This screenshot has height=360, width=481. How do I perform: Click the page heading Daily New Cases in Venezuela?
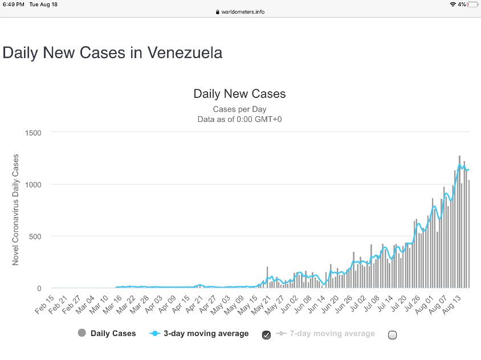tap(112, 52)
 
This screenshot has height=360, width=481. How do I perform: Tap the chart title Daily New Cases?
tap(239, 93)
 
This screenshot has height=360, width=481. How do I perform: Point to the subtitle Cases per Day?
tap(239, 109)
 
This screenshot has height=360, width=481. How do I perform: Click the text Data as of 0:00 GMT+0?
tap(239, 119)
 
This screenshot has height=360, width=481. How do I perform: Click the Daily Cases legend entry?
tap(107, 333)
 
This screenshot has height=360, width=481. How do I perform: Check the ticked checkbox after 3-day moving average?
tap(266, 335)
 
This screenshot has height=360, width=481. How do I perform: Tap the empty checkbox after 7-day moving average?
tap(392, 335)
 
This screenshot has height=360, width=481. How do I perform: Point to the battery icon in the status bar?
tap(472, 5)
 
